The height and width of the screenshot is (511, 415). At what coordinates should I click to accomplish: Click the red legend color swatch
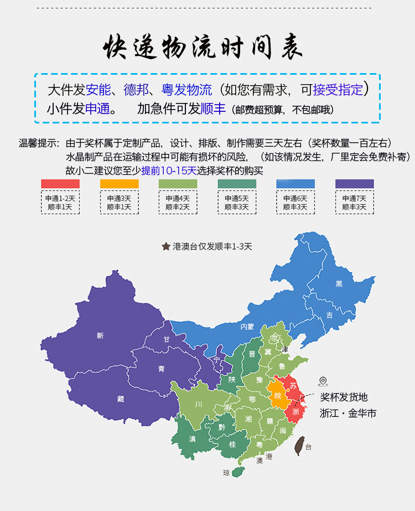point(60,183)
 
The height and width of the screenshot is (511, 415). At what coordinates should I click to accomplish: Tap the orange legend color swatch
point(119,183)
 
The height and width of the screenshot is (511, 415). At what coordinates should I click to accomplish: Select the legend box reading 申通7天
point(354,203)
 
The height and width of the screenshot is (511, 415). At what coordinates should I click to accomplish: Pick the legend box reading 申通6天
point(295,203)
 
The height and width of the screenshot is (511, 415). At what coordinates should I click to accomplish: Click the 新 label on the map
point(100,335)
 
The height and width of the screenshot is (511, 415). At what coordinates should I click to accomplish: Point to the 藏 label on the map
point(121,398)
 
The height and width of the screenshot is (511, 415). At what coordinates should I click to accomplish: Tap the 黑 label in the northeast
point(339,283)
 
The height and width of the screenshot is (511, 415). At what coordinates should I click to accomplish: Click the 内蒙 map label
point(247,327)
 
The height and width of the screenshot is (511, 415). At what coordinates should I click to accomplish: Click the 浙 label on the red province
point(295,412)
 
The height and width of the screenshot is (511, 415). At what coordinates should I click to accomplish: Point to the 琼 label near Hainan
point(226,473)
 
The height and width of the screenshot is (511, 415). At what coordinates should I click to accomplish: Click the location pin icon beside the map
point(323,381)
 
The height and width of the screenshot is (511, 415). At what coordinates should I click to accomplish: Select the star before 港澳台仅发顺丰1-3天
point(165,246)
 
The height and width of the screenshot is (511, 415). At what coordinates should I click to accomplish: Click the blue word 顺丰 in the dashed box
point(213,109)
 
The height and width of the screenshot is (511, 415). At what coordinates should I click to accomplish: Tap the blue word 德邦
point(136,90)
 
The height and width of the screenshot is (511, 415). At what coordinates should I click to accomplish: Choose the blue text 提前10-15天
point(169,171)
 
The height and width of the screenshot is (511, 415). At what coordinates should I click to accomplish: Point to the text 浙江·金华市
point(347,413)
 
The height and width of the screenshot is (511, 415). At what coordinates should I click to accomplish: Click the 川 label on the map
point(198,404)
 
